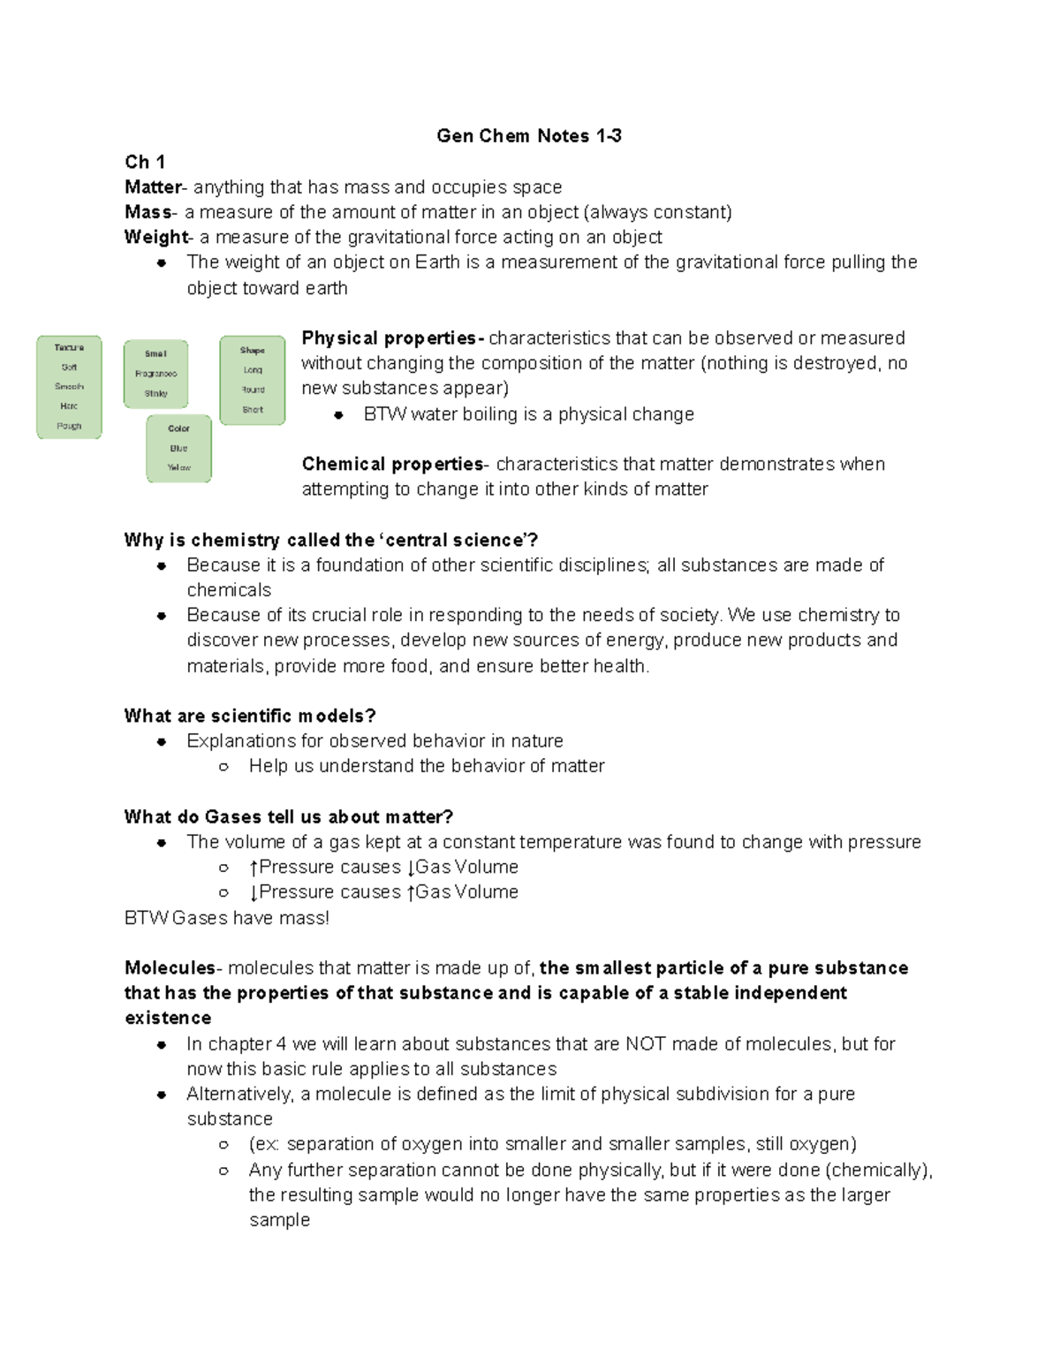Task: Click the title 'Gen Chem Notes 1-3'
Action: pos(528,136)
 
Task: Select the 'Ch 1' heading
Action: pos(145,162)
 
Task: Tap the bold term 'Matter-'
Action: pos(155,187)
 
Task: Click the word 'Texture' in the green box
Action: pos(69,348)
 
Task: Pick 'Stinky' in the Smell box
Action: pos(155,394)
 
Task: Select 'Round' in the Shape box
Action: pos(253,390)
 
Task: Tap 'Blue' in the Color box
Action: pos(178,449)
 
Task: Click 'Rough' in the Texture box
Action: pos(69,426)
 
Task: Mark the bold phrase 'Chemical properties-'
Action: pos(396,464)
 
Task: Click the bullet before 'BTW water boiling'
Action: pos(338,415)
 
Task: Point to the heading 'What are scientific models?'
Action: pos(250,716)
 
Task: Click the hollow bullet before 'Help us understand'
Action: pos(224,767)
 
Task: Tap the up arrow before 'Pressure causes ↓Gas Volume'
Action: pos(254,868)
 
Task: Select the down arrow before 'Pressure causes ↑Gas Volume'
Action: pos(254,893)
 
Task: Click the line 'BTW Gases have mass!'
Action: pos(227,918)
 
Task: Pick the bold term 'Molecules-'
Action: pos(173,968)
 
